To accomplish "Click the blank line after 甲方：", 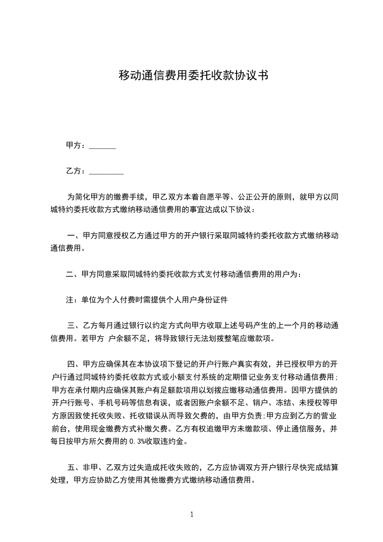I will [x=102, y=145].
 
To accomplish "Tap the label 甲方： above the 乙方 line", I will [x=76, y=145].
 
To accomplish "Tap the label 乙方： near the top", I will [x=76, y=171].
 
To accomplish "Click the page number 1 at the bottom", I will [x=192, y=515].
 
